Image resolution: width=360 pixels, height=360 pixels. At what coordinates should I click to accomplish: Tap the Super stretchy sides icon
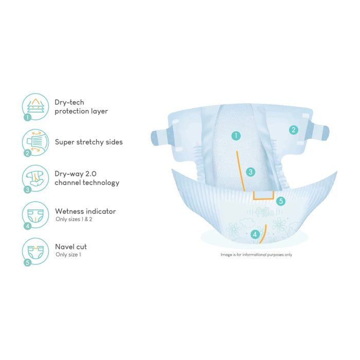point(35,142)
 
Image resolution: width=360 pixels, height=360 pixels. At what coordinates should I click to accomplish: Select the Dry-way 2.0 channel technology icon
point(35,178)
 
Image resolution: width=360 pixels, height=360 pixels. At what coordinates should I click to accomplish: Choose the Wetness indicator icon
point(35,215)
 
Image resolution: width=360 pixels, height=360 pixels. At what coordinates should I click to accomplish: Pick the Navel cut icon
point(35,251)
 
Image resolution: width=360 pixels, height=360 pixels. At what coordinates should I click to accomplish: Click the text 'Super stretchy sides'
point(88,142)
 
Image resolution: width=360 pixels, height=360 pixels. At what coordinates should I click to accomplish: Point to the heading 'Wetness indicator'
point(85,211)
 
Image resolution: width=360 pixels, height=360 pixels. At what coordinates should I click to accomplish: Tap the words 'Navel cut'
point(71,247)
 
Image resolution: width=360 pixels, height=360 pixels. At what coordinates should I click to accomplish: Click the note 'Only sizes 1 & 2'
point(74,220)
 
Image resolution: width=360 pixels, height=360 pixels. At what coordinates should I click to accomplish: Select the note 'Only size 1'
point(68,255)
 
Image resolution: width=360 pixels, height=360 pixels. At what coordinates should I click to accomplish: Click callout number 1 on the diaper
point(236,136)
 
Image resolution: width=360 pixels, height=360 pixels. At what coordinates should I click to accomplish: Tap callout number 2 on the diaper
point(293,130)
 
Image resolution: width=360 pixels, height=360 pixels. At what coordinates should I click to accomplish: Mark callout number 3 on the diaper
point(250,172)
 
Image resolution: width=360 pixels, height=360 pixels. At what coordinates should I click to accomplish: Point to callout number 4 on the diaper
point(255,235)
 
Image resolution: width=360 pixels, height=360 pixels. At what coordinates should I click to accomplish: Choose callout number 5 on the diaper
point(280,201)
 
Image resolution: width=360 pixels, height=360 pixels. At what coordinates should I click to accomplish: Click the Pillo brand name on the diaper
point(263,212)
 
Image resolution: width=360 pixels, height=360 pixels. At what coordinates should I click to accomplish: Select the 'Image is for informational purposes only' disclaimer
point(256,254)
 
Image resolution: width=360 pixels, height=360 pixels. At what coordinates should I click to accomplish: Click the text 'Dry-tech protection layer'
point(81,106)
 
